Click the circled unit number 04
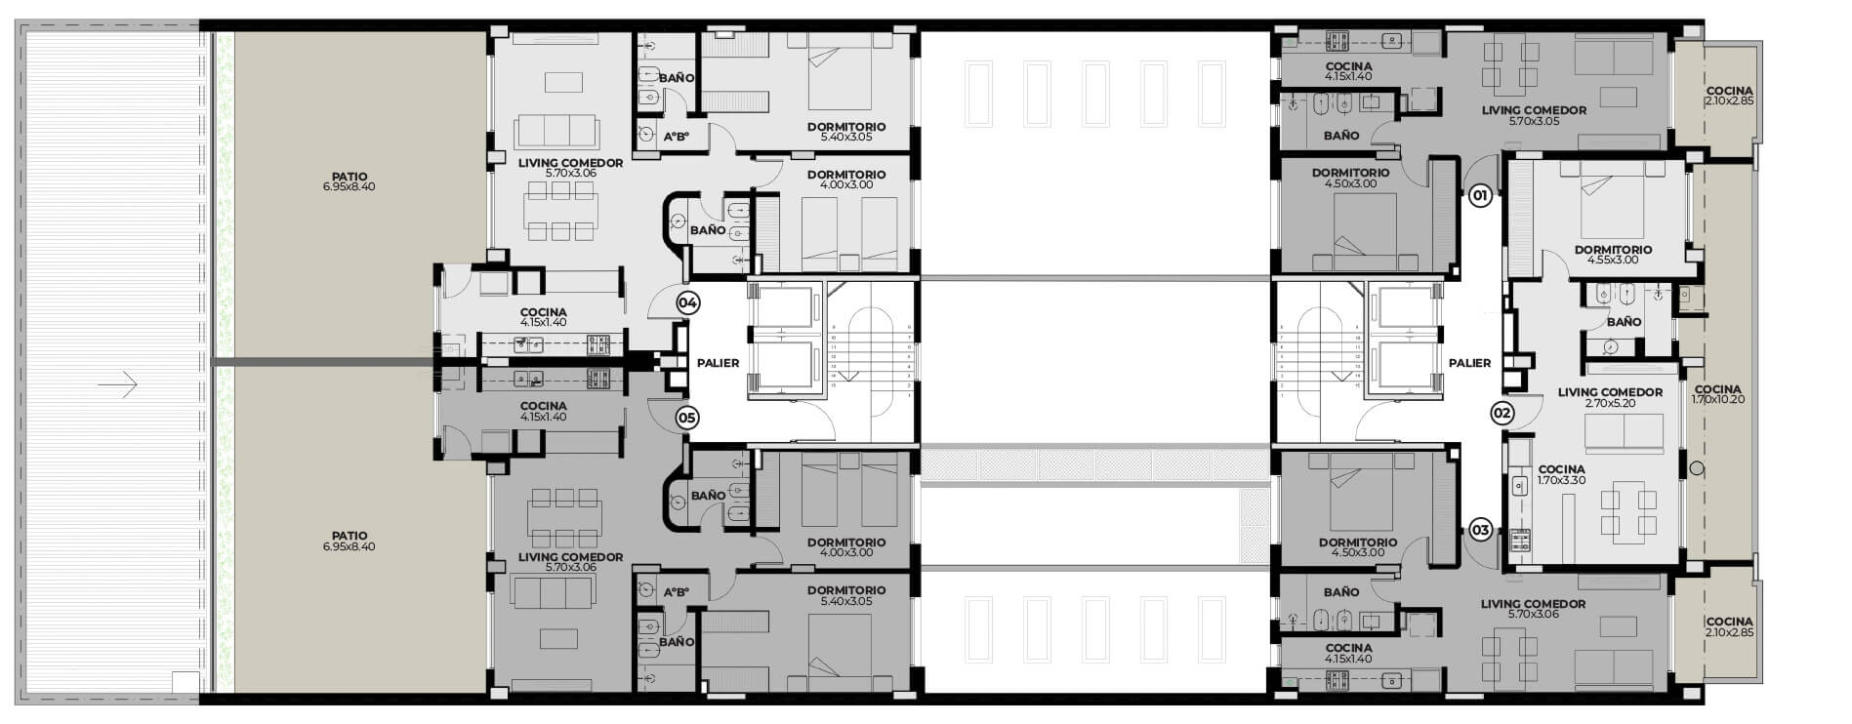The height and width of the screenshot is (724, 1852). point(687,302)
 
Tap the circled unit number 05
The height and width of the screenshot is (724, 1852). point(687,418)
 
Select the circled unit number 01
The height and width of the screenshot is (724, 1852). point(1480,196)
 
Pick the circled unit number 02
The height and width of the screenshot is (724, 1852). point(1502,413)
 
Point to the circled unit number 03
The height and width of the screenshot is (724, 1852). point(1480,530)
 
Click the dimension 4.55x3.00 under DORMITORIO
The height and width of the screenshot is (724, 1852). point(1613,260)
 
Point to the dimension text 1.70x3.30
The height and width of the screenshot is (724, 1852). point(1561,480)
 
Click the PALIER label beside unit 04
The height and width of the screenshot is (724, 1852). point(718,363)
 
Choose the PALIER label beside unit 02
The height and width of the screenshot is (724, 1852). point(1469,363)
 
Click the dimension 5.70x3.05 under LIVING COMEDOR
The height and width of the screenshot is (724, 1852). point(1534,121)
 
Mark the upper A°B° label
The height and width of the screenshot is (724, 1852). point(677,137)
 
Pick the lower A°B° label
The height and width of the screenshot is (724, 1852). point(677,592)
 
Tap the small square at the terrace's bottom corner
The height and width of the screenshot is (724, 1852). point(185,682)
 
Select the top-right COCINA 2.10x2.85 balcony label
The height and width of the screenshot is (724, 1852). point(1730,96)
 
